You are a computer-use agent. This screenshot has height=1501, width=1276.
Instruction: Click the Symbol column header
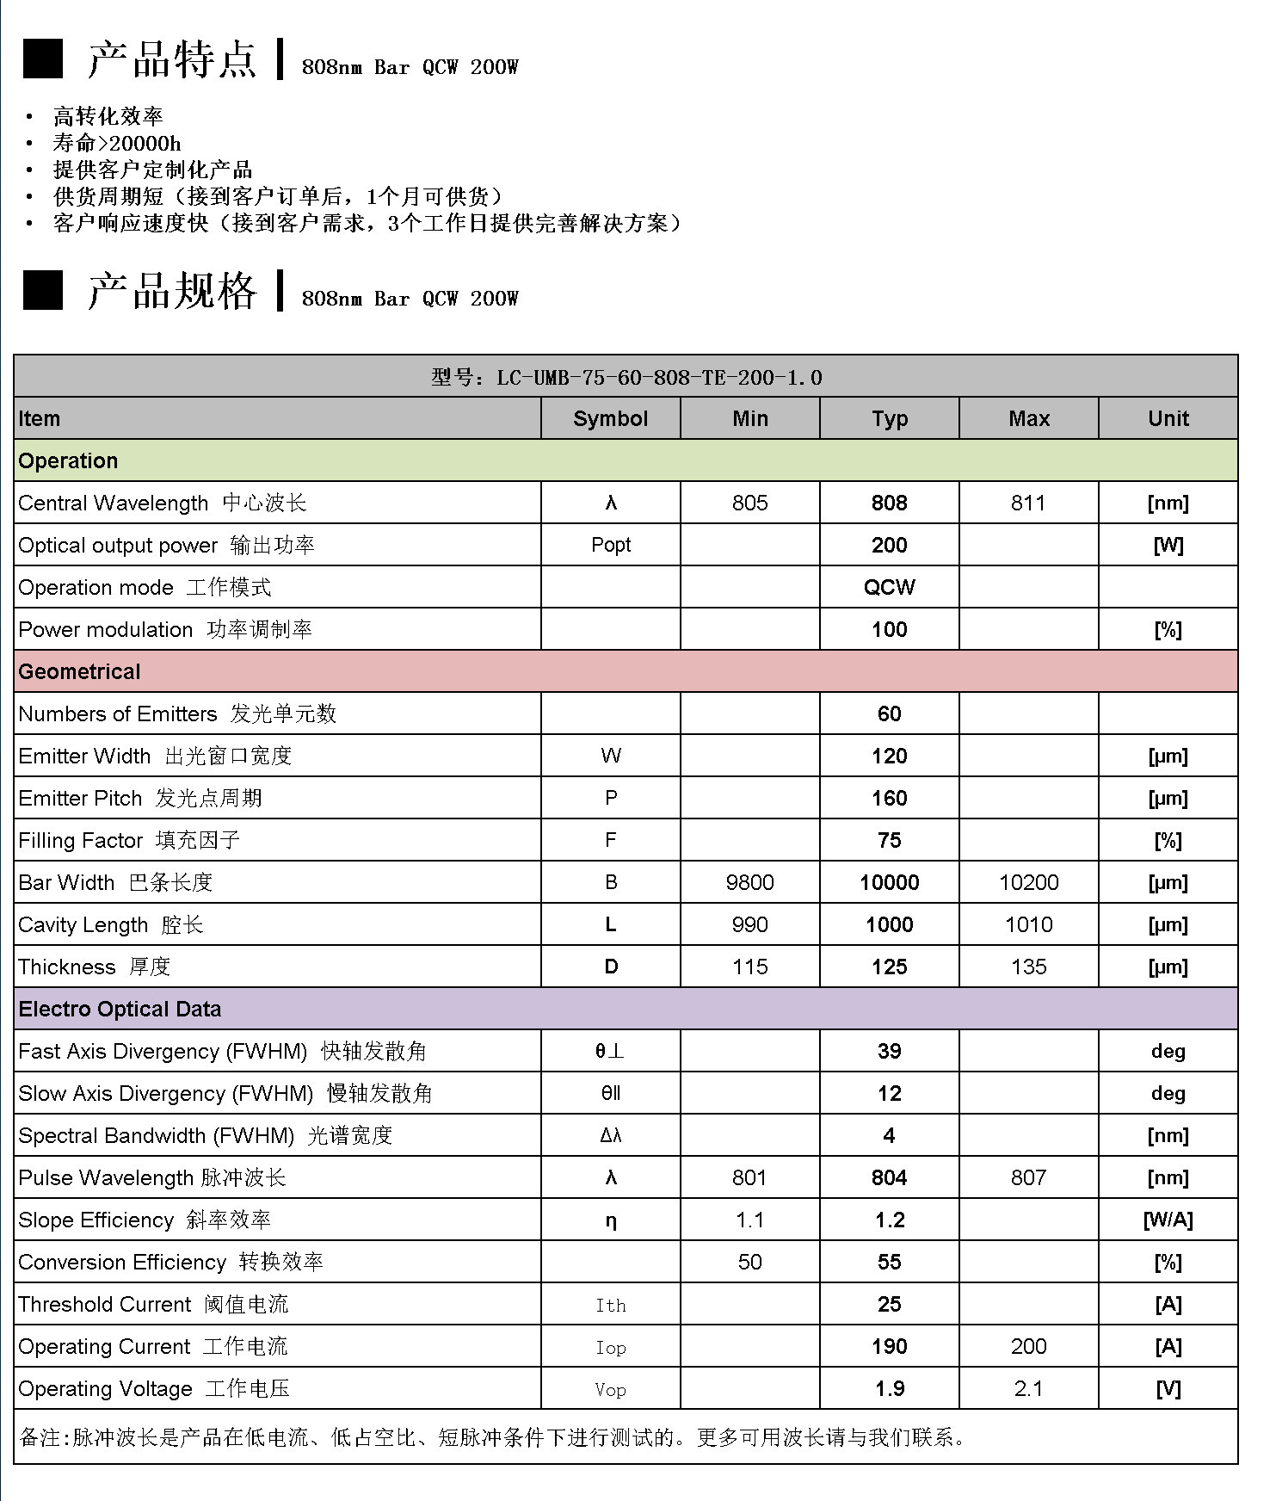[610, 419]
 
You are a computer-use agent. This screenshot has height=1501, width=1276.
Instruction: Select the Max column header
[1028, 419]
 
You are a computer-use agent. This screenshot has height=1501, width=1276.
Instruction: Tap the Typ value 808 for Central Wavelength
[889, 503]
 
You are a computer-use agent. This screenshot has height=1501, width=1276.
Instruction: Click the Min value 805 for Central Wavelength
[749, 503]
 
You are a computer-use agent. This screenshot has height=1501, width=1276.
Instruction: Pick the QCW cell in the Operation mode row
[889, 588]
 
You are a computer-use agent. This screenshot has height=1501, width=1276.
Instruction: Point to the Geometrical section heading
[79, 672]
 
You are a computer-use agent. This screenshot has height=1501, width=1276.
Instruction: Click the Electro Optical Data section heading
[120, 1010]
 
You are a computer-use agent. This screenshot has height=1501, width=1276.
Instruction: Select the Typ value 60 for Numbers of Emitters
[889, 714]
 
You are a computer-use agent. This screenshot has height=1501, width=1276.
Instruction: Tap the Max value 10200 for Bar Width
[1028, 883]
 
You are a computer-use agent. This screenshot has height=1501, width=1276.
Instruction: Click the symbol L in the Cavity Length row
[610, 925]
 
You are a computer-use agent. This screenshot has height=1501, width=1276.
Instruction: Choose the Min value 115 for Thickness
[749, 967]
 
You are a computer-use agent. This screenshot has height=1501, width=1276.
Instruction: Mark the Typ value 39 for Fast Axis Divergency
[889, 1052]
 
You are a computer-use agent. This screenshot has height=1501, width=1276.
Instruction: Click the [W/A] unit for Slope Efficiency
[1168, 1220]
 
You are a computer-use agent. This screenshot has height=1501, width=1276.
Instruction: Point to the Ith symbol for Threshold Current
[610, 1306]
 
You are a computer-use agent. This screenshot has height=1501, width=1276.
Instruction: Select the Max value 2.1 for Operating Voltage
[1028, 1389]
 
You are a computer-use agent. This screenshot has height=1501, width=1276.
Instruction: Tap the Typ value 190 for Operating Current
[889, 1347]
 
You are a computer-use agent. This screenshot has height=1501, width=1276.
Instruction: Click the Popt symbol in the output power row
[610, 546]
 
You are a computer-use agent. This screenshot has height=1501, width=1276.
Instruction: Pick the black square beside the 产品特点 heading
[42, 59]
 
